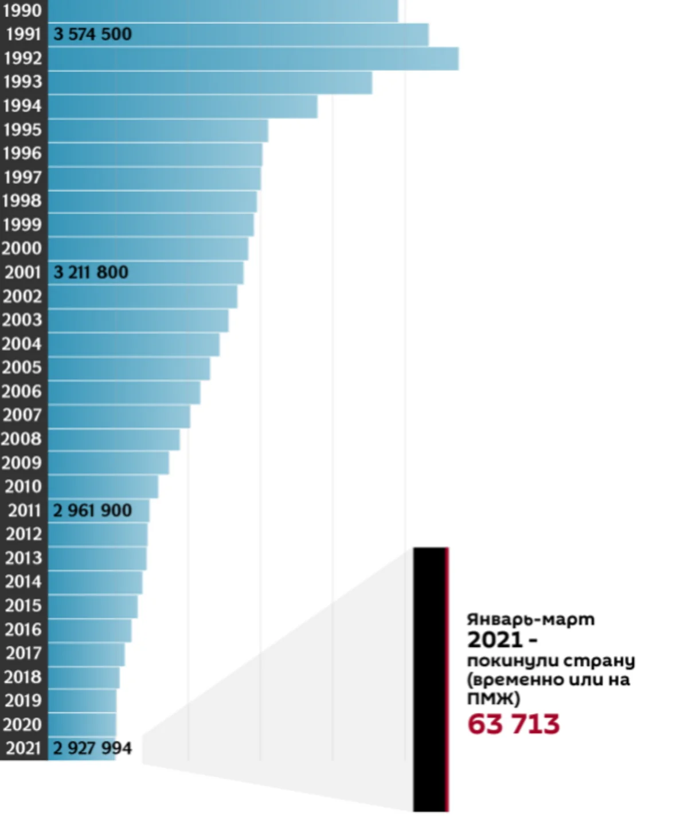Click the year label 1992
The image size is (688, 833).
click(x=22, y=58)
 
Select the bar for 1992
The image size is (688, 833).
click(x=252, y=58)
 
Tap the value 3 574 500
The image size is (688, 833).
click(x=92, y=34)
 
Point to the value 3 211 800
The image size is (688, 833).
click(x=91, y=272)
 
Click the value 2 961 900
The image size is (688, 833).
click(x=92, y=510)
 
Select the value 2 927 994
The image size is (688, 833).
click(x=92, y=748)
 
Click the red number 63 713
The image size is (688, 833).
click(x=513, y=724)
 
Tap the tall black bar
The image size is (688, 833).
click(x=430, y=679)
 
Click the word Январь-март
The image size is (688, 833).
click(x=530, y=619)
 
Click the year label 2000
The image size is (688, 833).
click(x=22, y=249)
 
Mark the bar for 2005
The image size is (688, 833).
click(x=129, y=368)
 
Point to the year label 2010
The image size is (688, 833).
click(x=23, y=486)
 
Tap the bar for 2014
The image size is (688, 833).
click(x=95, y=582)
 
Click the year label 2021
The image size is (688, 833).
click(x=23, y=748)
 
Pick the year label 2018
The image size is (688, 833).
click(x=23, y=677)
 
